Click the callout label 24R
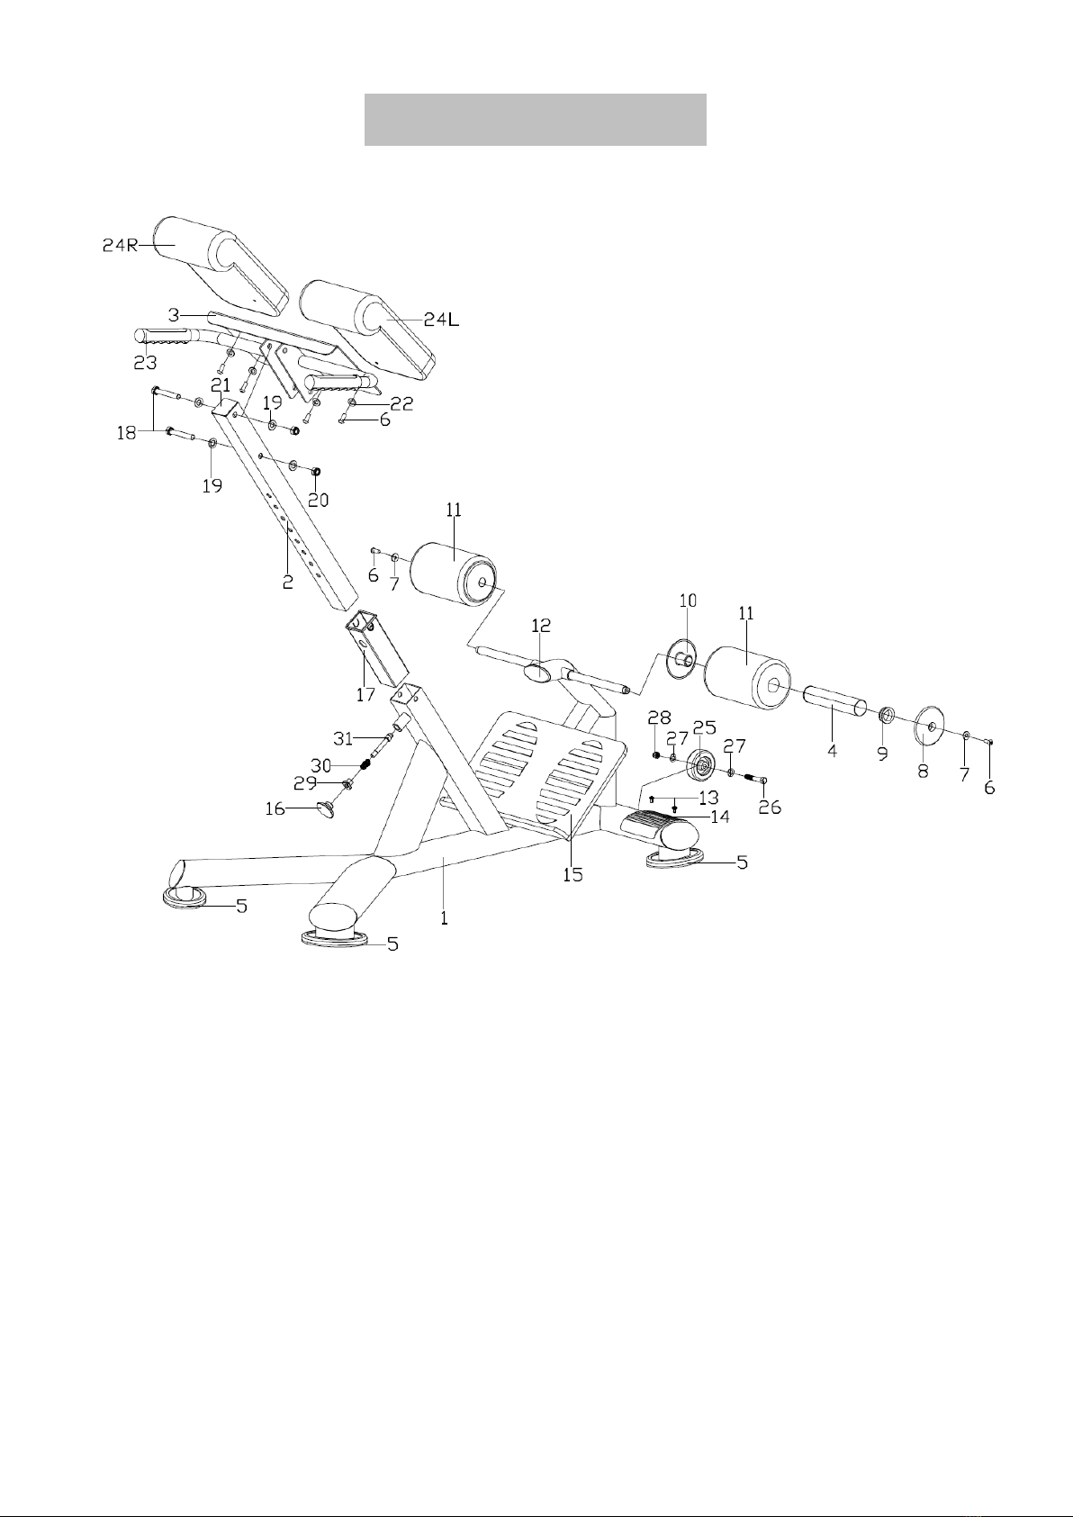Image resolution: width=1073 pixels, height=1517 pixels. [x=120, y=246]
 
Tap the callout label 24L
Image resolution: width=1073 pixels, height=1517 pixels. [x=441, y=320]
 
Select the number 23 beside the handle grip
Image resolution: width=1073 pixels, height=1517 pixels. [x=145, y=363]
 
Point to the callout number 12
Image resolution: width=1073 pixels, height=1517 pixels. [x=541, y=626]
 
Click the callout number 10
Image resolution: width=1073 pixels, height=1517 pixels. [x=687, y=600]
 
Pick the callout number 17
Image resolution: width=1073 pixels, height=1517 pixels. [x=365, y=694]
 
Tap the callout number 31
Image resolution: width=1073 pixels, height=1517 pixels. [x=343, y=738]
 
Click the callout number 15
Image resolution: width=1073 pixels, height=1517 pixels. [x=573, y=875]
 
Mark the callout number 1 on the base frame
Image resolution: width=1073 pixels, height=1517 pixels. [x=444, y=918]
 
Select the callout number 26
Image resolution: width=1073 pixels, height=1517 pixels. [x=771, y=807]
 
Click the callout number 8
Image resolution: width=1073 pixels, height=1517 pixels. [x=924, y=770]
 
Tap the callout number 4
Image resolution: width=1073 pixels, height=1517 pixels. [x=832, y=750]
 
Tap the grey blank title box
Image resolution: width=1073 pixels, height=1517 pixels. [x=536, y=120]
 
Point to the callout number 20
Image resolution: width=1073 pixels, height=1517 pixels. [x=318, y=500]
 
